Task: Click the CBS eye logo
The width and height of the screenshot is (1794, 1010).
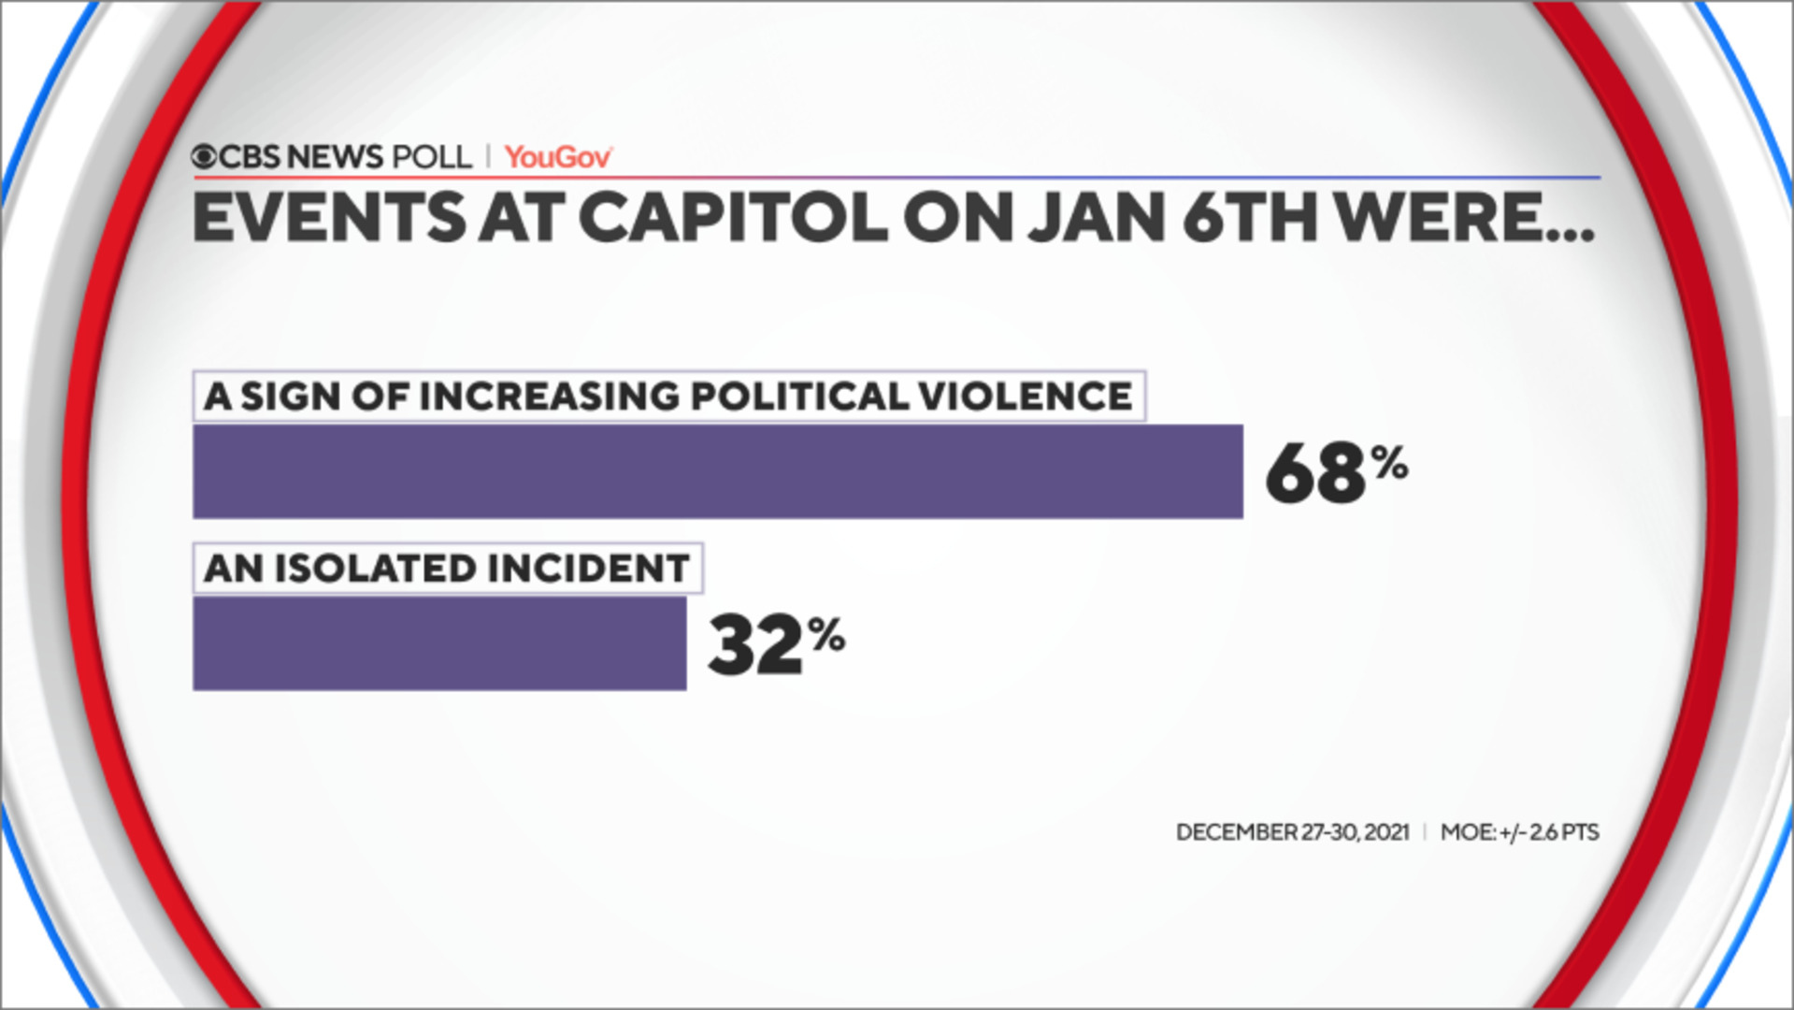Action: tap(204, 157)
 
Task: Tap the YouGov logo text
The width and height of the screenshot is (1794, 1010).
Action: tap(558, 157)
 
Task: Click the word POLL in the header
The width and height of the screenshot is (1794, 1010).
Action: tap(432, 157)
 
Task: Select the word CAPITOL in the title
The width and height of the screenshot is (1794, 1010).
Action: tap(732, 218)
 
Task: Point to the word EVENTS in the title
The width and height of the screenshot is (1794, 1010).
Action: tap(328, 218)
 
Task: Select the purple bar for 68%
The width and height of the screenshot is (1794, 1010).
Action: tap(717, 471)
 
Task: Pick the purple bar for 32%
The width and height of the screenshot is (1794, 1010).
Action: tap(439, 643)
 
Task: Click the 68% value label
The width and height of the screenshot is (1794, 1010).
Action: tap(1335, 471)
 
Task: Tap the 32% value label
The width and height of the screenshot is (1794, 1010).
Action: tap(775, 643)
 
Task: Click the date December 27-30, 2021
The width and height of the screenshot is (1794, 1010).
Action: tap(1292, 832)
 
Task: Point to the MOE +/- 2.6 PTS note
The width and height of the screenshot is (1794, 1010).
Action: tap(1519, 832)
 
